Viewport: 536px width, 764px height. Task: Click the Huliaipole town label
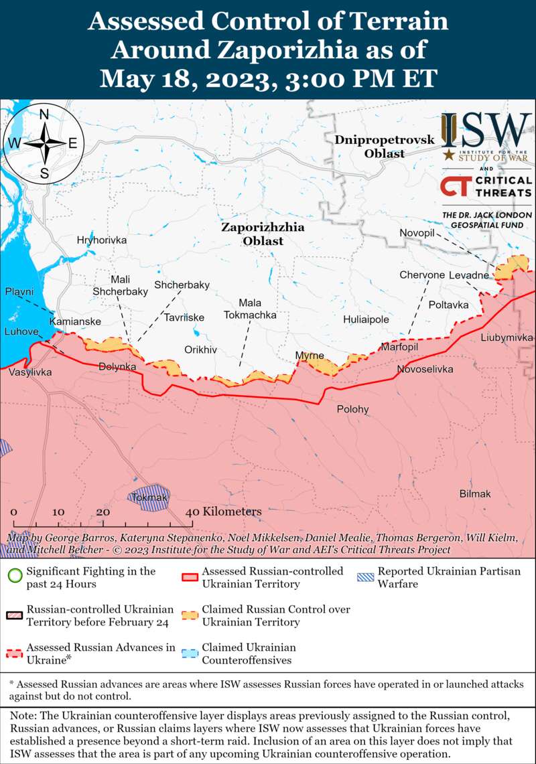pyautogui.click(x=366, y=320)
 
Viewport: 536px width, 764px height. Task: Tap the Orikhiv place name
pyautogui.click(x=201, y=350)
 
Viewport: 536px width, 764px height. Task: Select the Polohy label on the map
pyautogui.click(x=352, y=409)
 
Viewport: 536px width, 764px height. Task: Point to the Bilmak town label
pyautogui.click(x=475, y=494)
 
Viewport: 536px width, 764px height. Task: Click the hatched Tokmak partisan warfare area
pyautogui.click(x=149, y=498)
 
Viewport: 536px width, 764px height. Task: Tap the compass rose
pyautogui.click(x=44, y=143)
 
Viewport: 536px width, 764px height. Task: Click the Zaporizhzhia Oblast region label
pyautogui.click(x=263, y=234)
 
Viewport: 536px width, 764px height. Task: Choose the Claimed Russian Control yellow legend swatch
pyautogui.click(x=191, y=615)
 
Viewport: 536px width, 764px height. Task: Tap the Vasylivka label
pyautogui.click(x=30, y=372)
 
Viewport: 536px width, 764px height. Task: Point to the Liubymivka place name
pyautogui.click(x=507, y=337)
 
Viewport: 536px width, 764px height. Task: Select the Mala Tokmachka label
pyautogui.click(x=251, y=309)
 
